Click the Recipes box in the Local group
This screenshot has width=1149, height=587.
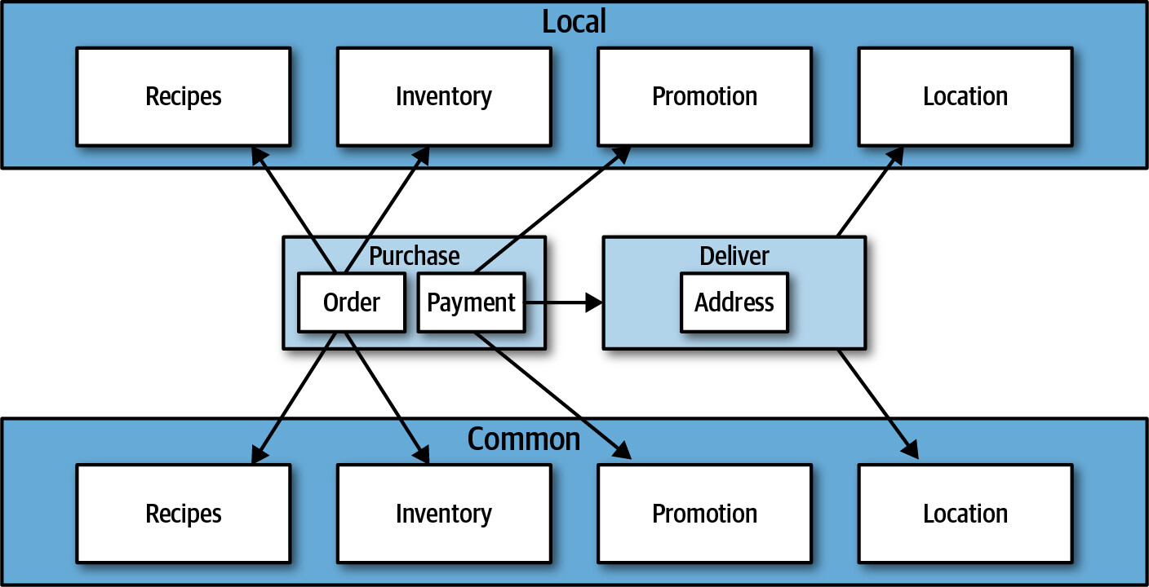(184, 97)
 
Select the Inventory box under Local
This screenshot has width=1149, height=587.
(444, 97)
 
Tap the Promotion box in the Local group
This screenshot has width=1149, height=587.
(705, 97)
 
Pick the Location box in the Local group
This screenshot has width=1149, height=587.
(965, 97)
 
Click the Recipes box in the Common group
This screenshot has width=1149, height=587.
(184, 514)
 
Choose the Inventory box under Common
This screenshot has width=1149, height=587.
(444, 514)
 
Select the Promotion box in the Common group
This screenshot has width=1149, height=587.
(705, 514)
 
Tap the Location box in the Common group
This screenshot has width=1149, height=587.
(965, 514)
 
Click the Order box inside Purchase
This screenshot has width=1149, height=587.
(352, 302)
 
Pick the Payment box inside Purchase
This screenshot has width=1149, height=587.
(472, 302)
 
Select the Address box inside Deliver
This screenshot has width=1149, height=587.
(734, 302)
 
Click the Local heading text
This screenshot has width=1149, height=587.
(574, 21)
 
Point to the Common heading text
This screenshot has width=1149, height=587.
(524, 439)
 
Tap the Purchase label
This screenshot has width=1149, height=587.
(415, 256)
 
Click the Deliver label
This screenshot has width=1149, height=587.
(734, 256)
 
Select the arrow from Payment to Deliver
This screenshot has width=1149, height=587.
(564, 302)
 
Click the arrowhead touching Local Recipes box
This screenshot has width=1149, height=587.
(259, 156)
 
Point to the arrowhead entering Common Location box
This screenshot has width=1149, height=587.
(910, 450)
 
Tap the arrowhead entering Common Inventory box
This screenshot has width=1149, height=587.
(422, 454)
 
